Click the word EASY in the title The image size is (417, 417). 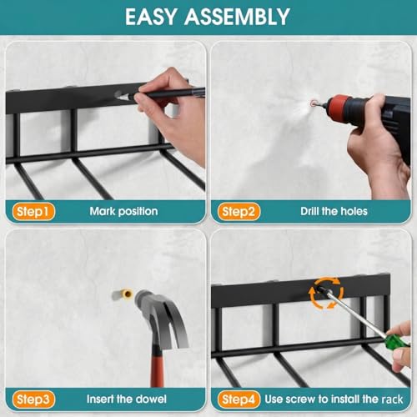click(x=151, y=17)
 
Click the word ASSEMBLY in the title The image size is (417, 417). click(x=237, y=17)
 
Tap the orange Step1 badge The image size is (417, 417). click(x=33, y=212)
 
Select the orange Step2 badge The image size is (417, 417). click(x=239, y=212)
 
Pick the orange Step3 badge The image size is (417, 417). click(x=33, y=399)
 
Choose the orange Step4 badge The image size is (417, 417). click(x=239, y=399)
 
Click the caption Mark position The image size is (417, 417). click(x=123, y=212)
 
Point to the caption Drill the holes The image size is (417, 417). click(x=334, y=211)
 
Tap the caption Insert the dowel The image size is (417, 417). click(x=127, y=399)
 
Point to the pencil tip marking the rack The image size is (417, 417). click(x=119, y=97)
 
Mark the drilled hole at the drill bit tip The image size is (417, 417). click(x=314, y=103)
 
